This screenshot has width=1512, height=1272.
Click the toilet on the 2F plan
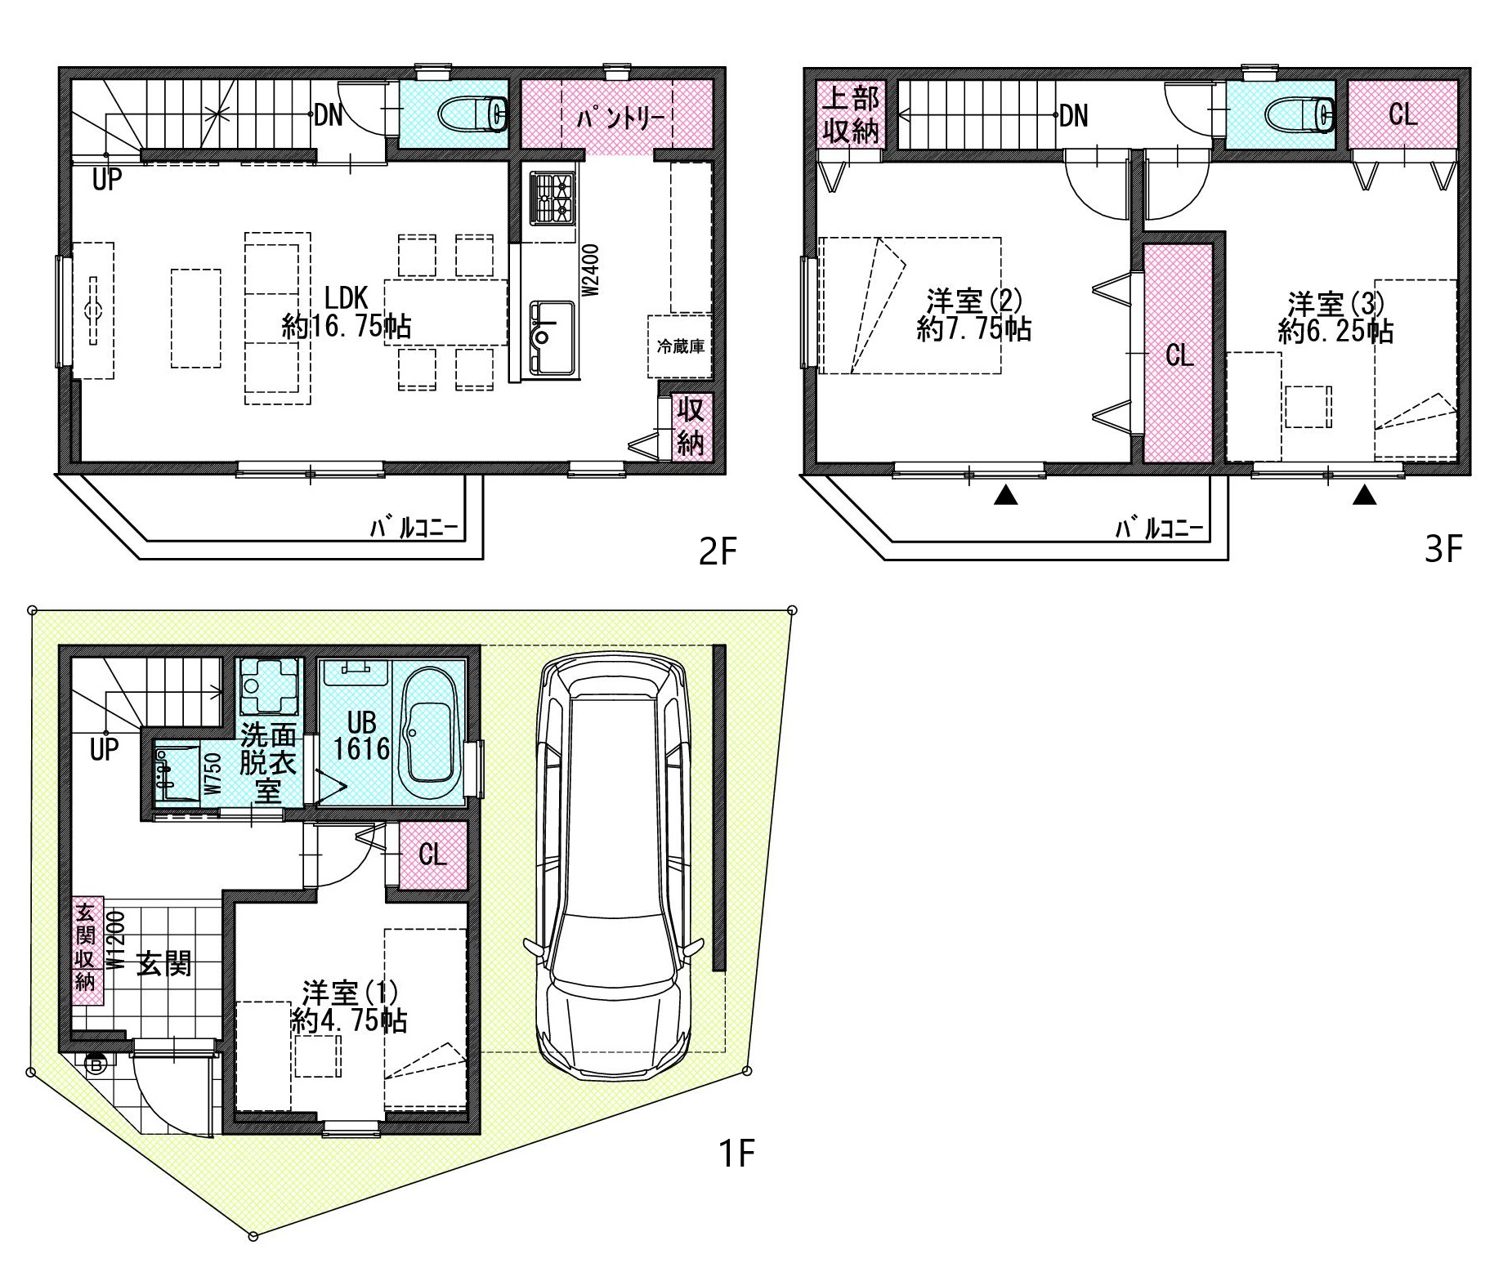click(x=474, y=114)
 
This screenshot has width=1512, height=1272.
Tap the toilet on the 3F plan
click(x=1301, y=114)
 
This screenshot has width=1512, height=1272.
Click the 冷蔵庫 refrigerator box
click(x=680, y=346)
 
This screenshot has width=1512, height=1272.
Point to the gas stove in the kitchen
click(x=552, y=198)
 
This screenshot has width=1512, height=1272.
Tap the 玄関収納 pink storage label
click(x=86, y=946)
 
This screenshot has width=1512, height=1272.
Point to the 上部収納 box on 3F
click(x=851, y=114)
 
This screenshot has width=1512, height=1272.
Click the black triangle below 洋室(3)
click(x=1364, y=495)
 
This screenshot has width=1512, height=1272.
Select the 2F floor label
click(x=718, y=553)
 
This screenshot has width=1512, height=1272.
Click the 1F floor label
click(x=736, y=1154)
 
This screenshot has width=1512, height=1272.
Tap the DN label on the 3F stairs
click(x=1074, y=116)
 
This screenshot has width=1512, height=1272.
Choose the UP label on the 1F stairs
click(x=105, y=748)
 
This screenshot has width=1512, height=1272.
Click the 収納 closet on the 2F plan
click(x=691, y=426)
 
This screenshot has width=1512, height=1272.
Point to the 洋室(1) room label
click(x=350, y=993)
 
